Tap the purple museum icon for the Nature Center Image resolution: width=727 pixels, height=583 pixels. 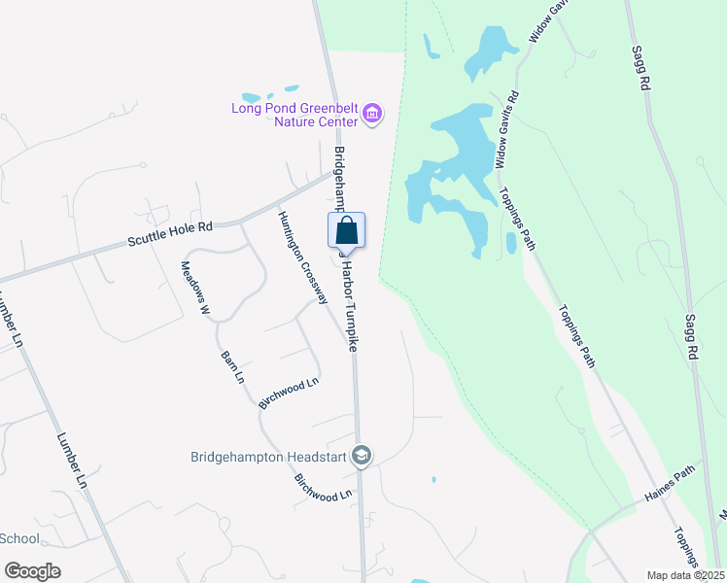pyautogui.click(x=371, y=116)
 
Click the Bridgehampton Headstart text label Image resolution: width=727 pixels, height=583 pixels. pyautogui.click(x=268, y=455)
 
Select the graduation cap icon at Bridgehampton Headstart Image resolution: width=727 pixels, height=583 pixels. pyautogui.click(x=362, y=455)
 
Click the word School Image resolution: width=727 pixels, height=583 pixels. pyautogui.click(x=19, y=538)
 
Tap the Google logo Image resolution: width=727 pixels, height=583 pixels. pyautogui.click(x=32, y=570)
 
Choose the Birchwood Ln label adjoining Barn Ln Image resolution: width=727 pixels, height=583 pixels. pyautogui.click(x=289, y=394)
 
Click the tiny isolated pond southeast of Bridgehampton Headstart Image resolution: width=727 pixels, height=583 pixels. pyautogui.click(x=433, y=479)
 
